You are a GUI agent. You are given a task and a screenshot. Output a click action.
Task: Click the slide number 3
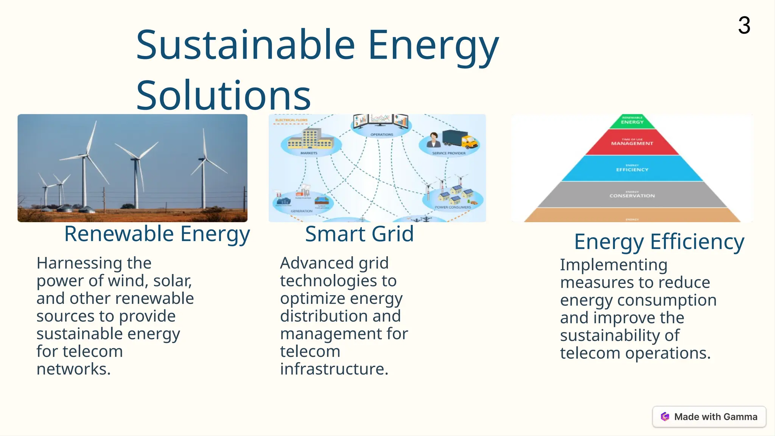coord(744,26)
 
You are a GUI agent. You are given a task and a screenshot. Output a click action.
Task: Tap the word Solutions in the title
coord(223,95)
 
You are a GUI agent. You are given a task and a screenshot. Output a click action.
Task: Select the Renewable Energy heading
coord(157,234)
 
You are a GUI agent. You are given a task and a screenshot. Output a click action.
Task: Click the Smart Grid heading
coord(359,234)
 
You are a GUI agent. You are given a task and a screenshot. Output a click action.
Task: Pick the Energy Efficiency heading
coord(659,241)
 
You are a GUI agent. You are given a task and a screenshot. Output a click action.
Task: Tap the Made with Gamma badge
coord(709,417)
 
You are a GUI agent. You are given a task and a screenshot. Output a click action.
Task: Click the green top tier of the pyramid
coord(632,121)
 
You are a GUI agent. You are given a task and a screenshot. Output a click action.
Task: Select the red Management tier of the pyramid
coord(632,143)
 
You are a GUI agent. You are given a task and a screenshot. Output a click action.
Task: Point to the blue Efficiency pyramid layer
coord(632,169)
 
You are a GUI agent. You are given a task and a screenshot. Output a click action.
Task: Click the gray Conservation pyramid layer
coord(632,195)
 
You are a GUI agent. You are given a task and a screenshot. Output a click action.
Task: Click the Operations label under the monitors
coord(381,135)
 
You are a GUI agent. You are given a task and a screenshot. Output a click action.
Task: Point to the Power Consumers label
coord(453,207)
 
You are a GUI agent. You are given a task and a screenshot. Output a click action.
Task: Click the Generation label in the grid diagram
coord(302,211)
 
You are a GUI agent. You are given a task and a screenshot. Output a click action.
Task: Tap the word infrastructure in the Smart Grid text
coord(334,369)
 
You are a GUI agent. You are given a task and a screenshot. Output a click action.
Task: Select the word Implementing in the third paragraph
coord(613,265)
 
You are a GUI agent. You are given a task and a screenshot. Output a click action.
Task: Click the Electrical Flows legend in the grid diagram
coord(291,120)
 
